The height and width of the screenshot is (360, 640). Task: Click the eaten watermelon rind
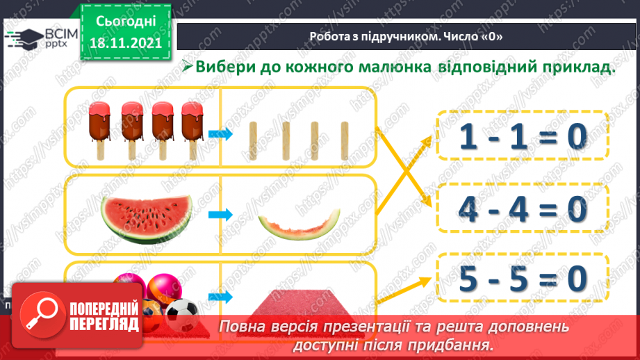tap(300, 224)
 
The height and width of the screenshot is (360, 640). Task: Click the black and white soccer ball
tap(182, 314)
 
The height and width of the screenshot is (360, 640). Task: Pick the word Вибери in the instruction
tap(226, 68)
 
